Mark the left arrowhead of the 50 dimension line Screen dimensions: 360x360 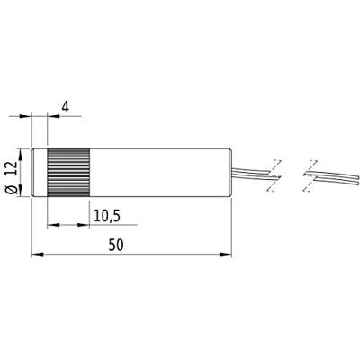36,255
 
